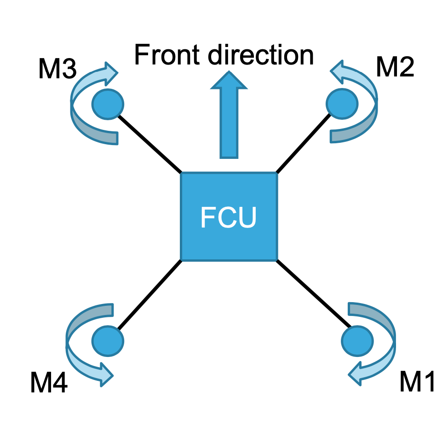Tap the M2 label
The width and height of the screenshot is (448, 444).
[x=395, y=67]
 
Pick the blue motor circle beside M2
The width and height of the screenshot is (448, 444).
[x=341, y=103]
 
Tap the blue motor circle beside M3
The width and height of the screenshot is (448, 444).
[x=108, y=103]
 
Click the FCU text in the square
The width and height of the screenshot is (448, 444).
[x=228, y=217]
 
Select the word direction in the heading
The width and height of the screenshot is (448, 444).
[x=260, y=55]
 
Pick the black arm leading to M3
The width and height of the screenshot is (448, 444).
[x=149, y=143]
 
